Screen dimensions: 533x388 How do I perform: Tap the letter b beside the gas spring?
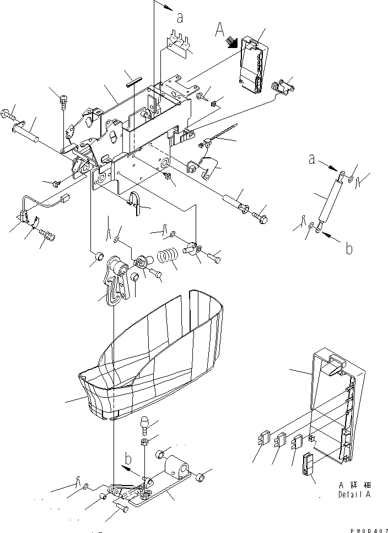click(x=348, y=249)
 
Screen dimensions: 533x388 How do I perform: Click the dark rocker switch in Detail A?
click(x=307, y=463)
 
